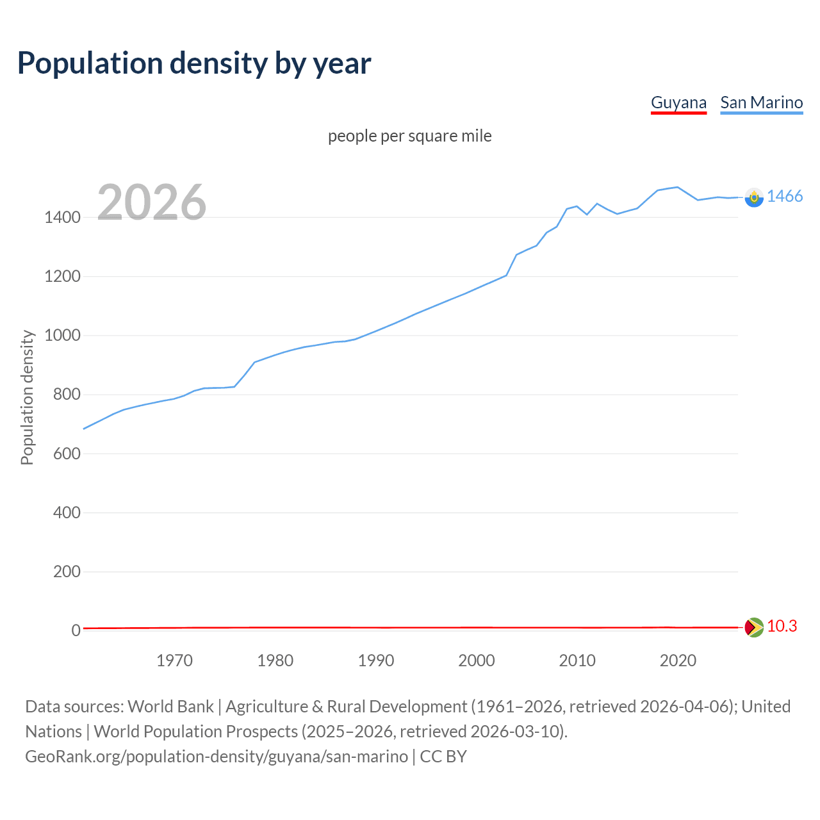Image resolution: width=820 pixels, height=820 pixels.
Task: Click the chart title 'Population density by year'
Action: click(x=194, y=63)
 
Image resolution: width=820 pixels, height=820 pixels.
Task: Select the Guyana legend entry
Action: click(x=678, y=102)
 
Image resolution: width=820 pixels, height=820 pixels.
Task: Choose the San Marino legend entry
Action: click(x=761, y=102)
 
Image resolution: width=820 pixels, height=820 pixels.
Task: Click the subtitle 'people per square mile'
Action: click(x=409, y=136)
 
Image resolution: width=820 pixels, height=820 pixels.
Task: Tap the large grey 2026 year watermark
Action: click(x=152, y=202)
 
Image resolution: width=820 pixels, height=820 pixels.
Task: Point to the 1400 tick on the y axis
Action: click(x=62, y=218)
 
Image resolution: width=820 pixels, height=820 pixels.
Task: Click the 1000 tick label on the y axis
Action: click(x=62, y=336)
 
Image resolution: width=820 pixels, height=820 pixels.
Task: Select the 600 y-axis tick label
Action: click(x=67, y=454)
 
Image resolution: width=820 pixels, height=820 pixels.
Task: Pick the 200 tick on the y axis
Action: click(x=67, y=571)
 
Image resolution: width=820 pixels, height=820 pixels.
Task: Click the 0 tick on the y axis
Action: click(x=76, y=630)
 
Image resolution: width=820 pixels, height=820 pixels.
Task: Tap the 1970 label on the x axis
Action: click(x=174, y=660)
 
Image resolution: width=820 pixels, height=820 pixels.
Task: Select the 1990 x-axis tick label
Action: click(x=376, y=660)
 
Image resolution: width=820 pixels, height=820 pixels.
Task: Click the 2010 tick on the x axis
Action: click(x=577, y=660)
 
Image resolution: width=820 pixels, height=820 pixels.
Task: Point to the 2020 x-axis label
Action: click(x=678, y=660)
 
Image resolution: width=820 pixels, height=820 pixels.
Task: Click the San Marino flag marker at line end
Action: click(x=754, y=197)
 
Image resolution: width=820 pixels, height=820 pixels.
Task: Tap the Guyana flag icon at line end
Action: click(x=754, y=627)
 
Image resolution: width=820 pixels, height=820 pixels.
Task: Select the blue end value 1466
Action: click(x=785, y=197)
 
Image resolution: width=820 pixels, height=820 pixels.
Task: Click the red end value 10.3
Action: click(x=782, y=627)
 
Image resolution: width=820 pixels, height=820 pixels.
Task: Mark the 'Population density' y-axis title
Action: click(x=27, y=397)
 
